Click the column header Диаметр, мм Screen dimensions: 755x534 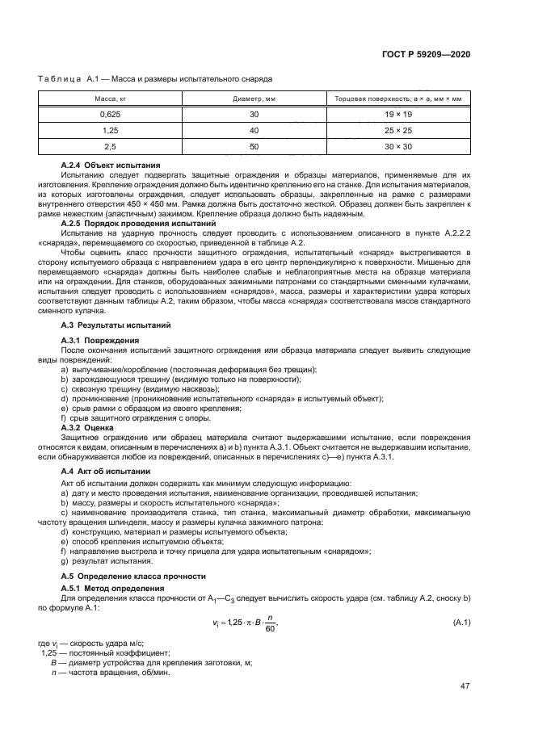(254, 99)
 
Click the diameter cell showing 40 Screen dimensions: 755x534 (254, 130)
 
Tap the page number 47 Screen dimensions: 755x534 (465, 686)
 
